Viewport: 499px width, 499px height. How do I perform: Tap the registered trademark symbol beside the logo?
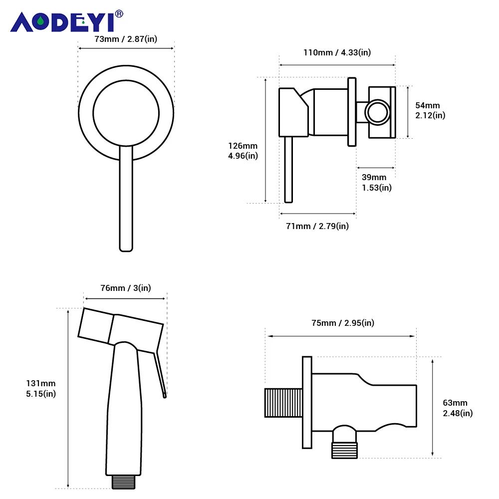[x=119, y=14]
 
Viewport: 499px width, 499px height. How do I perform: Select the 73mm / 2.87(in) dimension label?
[x=126, y=39]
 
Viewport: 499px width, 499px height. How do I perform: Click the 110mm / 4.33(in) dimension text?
[x=337, y=52]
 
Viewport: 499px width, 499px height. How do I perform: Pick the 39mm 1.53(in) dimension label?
[x=376, y=183]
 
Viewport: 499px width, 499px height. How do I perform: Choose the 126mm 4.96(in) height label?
[x=243, y=151]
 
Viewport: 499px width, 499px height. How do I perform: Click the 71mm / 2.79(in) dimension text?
[x=317, y=226]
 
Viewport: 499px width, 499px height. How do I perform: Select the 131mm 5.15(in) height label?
[x=41, y=388]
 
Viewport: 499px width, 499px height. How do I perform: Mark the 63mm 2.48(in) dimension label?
[x=458, y=408]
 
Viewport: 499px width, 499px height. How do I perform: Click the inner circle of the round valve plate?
[x=126, y=113]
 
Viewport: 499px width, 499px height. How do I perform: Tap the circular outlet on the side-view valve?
[x=377, y=112]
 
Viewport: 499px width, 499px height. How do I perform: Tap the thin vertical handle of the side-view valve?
[x=288, y=170]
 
